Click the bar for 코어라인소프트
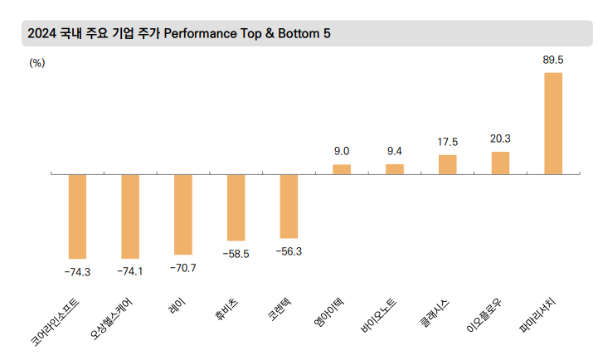pos(77,216)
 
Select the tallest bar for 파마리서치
pos(553,123)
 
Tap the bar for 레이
pos(183,214)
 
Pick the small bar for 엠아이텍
pos(342,169)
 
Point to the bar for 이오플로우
pos(500,163)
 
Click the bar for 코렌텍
pos(289,207)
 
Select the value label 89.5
pos(553,61)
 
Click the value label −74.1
pos(130,271)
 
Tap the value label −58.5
pos(236,254)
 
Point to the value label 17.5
pos(447,142)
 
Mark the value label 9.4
pos(394,152)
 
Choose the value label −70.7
pos(183,269)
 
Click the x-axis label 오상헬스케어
pos(111,319)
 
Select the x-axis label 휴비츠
pos(226,309)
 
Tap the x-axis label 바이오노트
pos(378,317)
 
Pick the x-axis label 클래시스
pos(435,313)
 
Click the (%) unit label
pos(37,63)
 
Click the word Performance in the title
pos(200,33)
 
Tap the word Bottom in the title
pos(299,33)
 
